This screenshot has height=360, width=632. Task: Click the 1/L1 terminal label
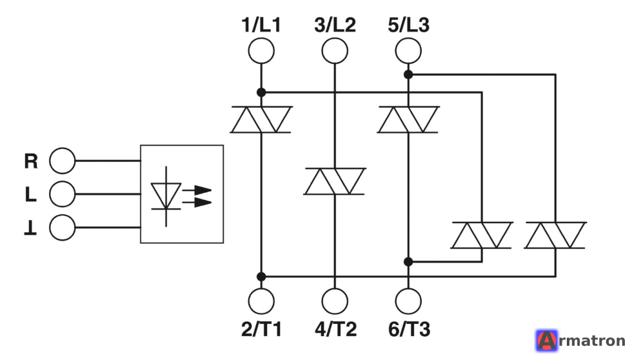[261, 25]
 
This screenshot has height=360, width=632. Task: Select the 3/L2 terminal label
[335, 25]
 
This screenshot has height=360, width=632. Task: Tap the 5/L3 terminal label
[409, 25]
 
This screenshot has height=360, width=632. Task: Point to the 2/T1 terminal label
[261, 329]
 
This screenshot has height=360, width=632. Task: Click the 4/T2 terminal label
[335, 329]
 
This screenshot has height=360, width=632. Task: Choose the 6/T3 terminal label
[409, 329]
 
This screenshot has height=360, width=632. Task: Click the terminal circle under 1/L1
[261, 51]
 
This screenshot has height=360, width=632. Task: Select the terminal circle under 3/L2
[335, 51]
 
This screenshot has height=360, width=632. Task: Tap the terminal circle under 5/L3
[408, 51]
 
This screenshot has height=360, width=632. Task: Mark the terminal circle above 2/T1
[261, 301]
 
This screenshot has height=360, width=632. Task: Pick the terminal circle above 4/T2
[335, 301]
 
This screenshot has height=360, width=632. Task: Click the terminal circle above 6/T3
[408, 301]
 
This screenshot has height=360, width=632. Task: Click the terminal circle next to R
[62, 161]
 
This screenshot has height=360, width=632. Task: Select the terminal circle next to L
[62, 194]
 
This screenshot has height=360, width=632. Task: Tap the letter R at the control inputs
[31, 161]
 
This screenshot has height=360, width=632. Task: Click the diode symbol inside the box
[166, 196]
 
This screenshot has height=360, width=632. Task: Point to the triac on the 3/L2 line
[335, 181]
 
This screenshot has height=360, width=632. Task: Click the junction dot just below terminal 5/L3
[408, 75]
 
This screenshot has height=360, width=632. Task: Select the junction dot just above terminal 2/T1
[261, 277]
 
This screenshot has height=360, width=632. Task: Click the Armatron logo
[580, 341]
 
